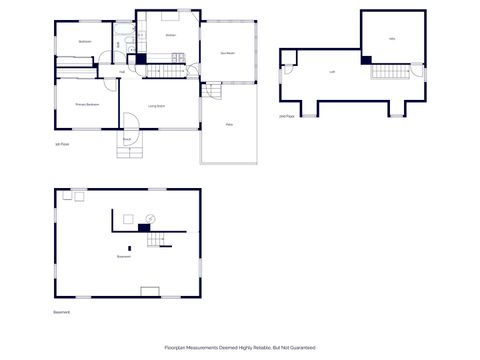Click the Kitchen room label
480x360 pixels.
click(x=171, y=35)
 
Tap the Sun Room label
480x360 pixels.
click(x=228, y=52)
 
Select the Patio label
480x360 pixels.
click(x=229, y=124)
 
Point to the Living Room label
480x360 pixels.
click(x=157, y=105)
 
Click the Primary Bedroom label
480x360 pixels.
click(x=86, y=104)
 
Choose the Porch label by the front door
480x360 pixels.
click(x=127, y=139)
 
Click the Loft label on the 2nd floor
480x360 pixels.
click(x=332, y=72)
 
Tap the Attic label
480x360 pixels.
click(x=391, y=38)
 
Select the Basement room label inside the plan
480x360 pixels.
click(x=124, y=256)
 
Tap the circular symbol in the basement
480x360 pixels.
click(x=151, y=218)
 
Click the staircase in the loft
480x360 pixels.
click(x=391, y=70)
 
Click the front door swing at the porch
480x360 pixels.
click(x=130, y=122)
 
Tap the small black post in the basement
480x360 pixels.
click(x=129, y=247)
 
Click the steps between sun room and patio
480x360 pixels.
click(x=213, y=91)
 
